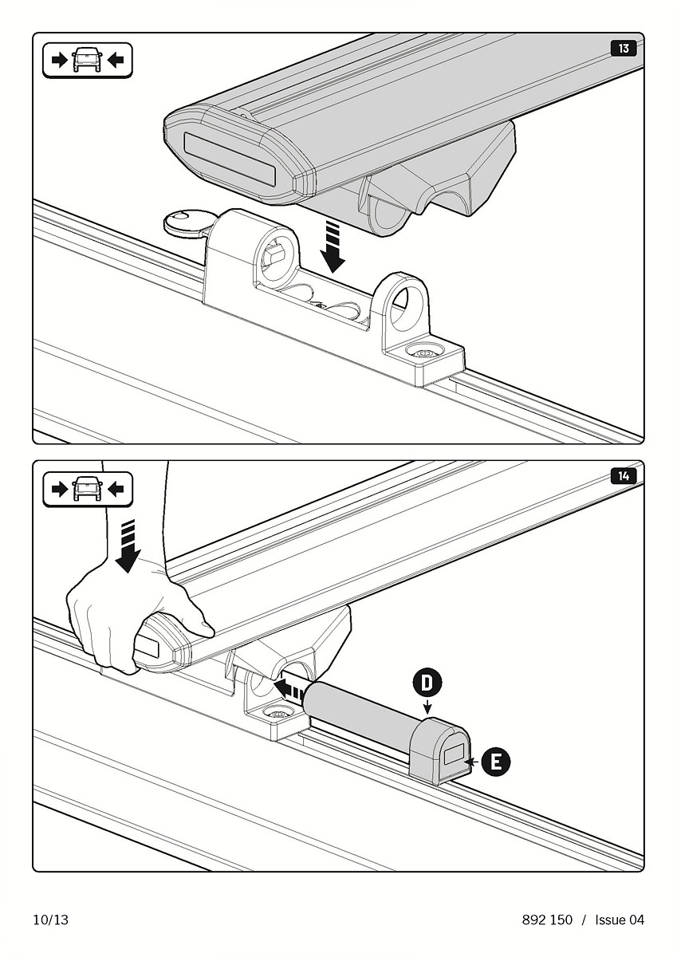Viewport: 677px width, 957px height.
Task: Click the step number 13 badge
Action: click(x=624, y=49)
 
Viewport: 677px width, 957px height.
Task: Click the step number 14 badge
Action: click(x=624, y=476)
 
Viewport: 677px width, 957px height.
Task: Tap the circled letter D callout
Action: click(x=427, y=683)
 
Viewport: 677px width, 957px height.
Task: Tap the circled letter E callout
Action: click(x=496, y=762)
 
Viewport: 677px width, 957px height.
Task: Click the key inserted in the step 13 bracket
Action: click(x=184, y=223)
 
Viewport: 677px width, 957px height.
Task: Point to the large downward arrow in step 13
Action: click(x=333, y=247)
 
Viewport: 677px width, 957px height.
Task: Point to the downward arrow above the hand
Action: click(x=128, y=546)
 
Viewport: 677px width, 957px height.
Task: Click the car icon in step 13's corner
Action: click(x=88, y=61)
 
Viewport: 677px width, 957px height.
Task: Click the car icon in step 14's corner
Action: click(x=88, y=489)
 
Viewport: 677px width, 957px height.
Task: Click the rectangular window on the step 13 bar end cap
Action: click(x=230, y=159)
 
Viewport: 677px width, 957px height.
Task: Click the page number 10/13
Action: click(x=51, y=920)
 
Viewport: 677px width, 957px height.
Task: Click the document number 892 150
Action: click(x=547, y=920)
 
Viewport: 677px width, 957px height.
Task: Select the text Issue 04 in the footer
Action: click(x=620, y=920)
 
